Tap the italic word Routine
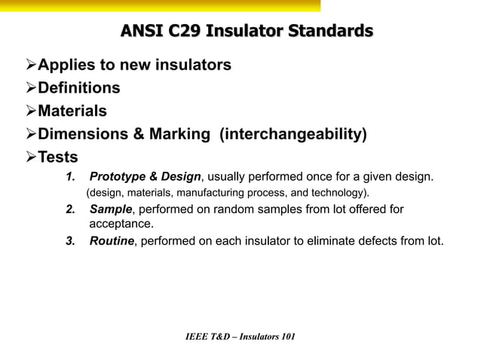point(112,242)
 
